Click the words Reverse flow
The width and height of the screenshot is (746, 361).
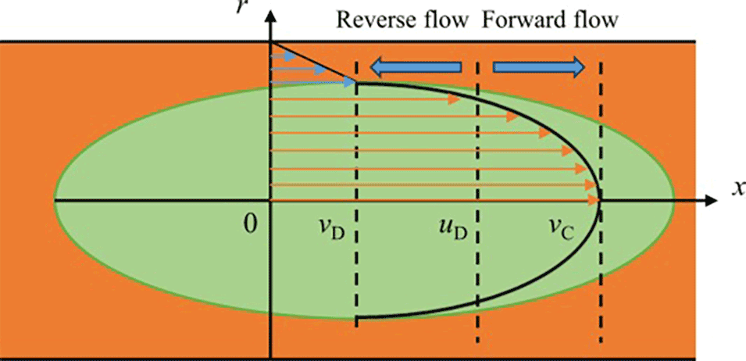tap(402, 20)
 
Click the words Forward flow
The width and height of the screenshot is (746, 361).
tap(550, 20)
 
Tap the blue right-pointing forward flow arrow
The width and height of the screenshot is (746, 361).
tap(538, 68)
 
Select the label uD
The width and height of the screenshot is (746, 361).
tap(453, 230)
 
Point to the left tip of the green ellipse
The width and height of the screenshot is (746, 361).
tap(55, 201)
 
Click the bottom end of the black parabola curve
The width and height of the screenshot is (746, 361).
tap(358, 319)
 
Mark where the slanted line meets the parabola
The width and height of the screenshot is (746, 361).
tap(356, 82)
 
